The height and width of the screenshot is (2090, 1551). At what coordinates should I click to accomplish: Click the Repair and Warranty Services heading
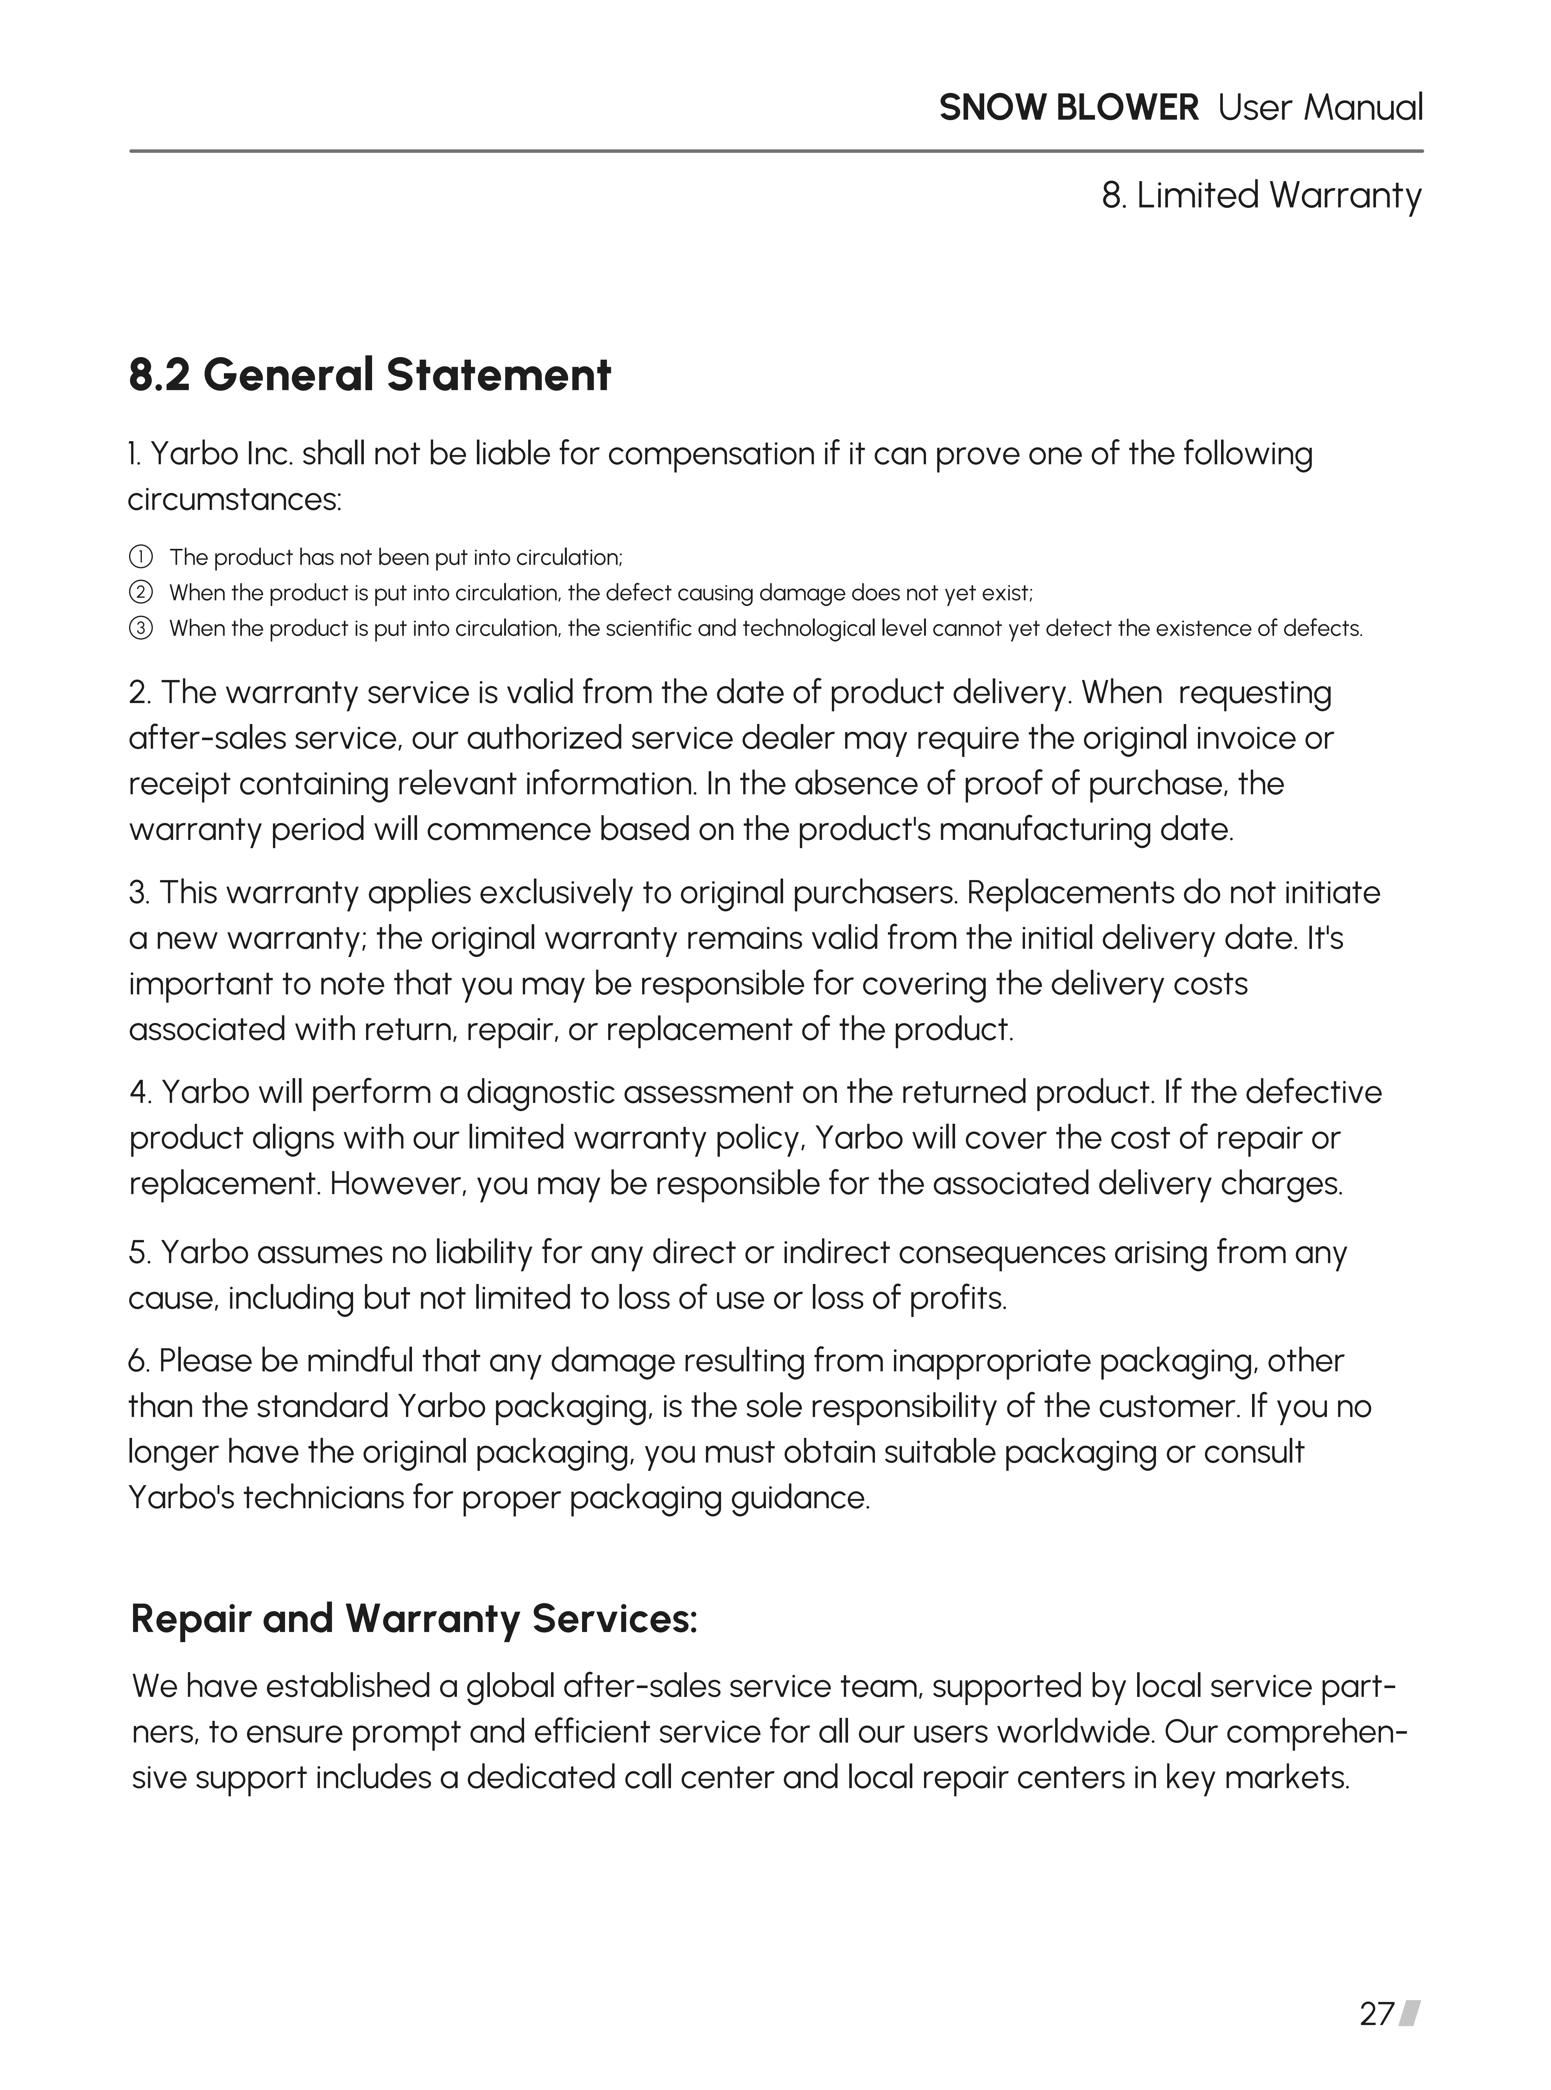point(414,1619)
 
